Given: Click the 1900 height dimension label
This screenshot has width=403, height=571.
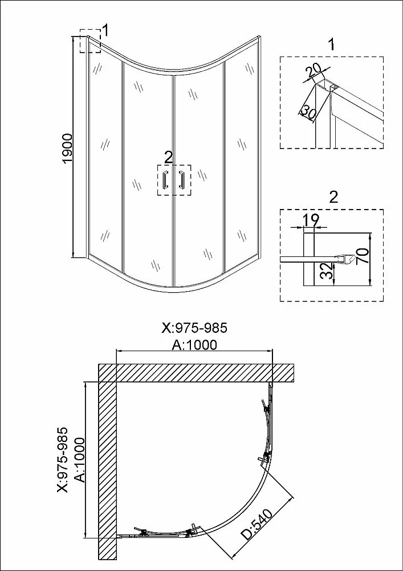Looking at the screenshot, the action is [68, 149].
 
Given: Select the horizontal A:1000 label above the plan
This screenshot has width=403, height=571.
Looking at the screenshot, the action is [194, 344].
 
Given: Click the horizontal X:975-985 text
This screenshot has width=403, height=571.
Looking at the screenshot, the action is [194, 328].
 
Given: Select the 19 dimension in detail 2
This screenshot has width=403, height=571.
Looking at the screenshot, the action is [311, 219].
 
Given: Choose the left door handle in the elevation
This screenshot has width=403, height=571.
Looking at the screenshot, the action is [166, 180].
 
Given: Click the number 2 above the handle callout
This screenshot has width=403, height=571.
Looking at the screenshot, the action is [168, 158].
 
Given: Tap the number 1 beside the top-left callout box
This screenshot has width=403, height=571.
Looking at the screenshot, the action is [105, 31].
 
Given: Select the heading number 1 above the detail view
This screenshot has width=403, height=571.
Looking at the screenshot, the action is [331, 45].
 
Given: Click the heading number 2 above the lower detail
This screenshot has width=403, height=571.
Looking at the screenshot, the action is [333, 197].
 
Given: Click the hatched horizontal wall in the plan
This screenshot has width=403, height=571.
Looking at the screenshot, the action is [196, 372].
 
